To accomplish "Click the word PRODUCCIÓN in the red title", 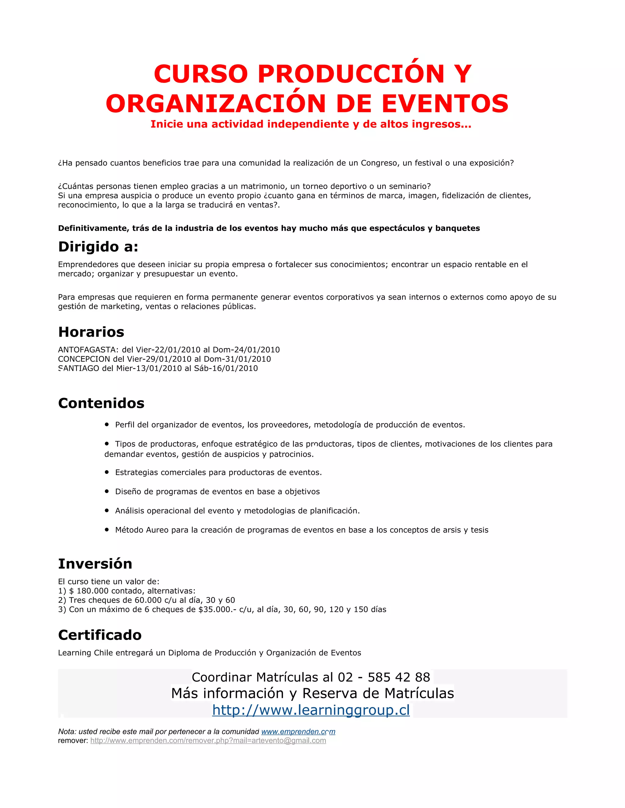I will (351, 74).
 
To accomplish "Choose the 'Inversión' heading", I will (95, 564).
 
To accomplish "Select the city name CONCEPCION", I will (84, 359).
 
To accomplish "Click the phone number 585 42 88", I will (399, 677).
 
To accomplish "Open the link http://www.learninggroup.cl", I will (311, 710).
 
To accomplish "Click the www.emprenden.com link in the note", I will (298, 731).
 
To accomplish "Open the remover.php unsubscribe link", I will (208, 741).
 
